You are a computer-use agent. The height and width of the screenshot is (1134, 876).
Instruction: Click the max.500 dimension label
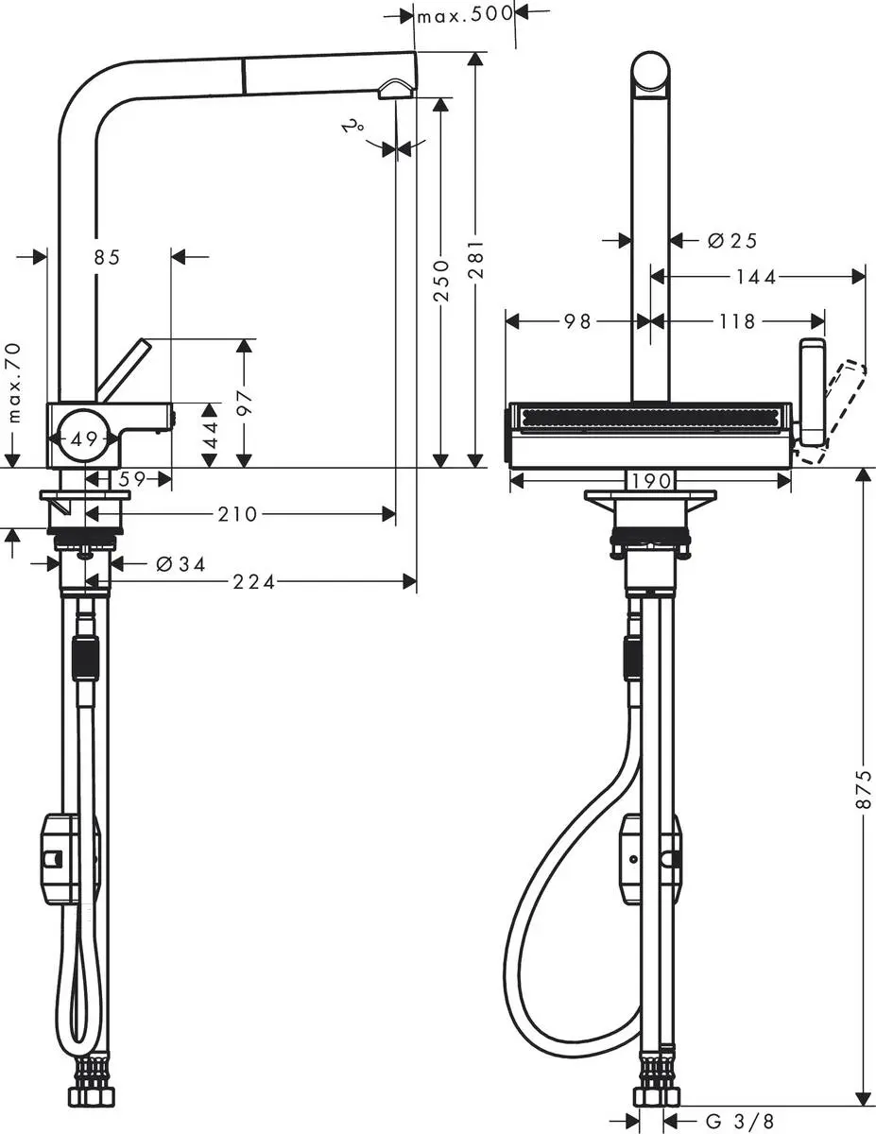click(x=465, y=14)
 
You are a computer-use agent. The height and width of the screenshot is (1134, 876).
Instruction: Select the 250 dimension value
click(x=440, y=282)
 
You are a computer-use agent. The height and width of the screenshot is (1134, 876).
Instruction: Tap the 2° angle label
click(x=354, y=126)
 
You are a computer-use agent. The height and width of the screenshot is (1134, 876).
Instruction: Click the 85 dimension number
click(x=108, y=256)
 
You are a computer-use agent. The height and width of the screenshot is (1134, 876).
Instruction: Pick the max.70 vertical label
click(x=13, y=383)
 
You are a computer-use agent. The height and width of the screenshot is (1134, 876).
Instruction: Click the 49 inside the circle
click(x=85, y=438)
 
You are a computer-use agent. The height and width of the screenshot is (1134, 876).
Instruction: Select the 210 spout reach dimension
click(x=238, y=514)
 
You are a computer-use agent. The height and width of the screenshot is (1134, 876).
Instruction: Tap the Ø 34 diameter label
click(x=180, y=564)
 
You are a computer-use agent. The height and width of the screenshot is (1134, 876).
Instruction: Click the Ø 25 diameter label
click(x=732, y=241)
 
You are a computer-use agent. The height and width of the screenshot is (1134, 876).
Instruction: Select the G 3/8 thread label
click(x=741, y=1121)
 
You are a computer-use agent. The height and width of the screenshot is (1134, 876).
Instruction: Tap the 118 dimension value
click(x=737, y=321)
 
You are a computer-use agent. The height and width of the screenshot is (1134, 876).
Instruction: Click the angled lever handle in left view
click(x=124, y=370)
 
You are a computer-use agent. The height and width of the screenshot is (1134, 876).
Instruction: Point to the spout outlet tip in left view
click(x=396, y=89)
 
